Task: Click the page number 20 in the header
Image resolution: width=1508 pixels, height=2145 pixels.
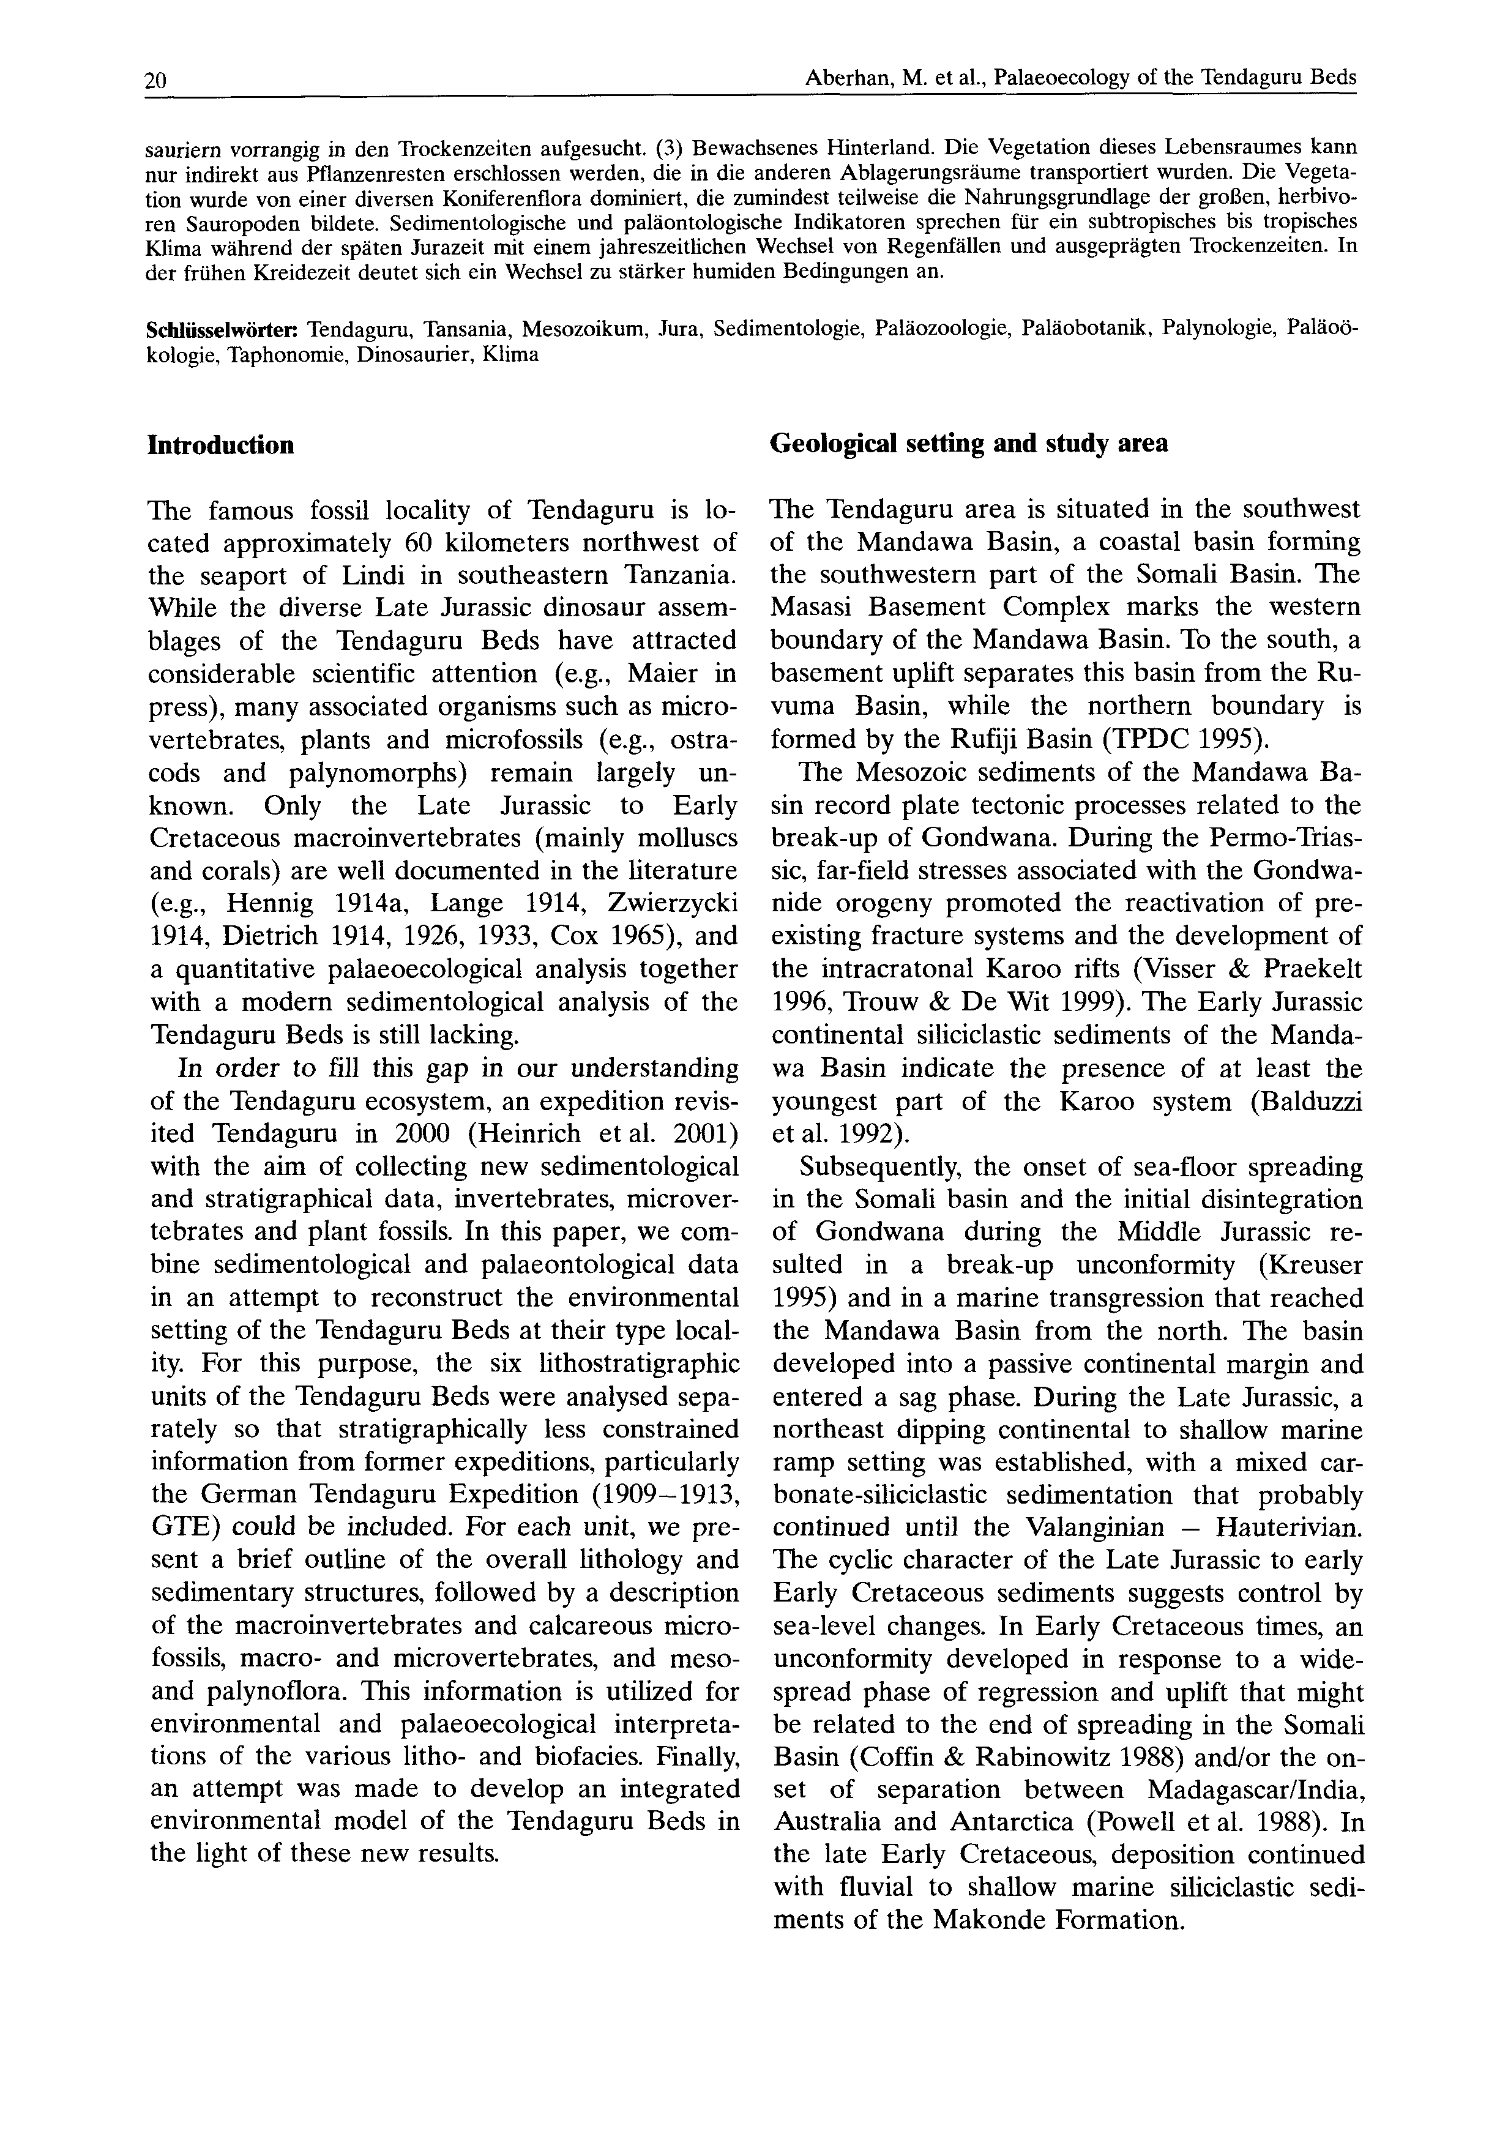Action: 155,81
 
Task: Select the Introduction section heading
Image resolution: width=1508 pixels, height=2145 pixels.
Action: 220,445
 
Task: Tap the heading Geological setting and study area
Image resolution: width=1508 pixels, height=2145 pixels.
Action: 969,443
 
